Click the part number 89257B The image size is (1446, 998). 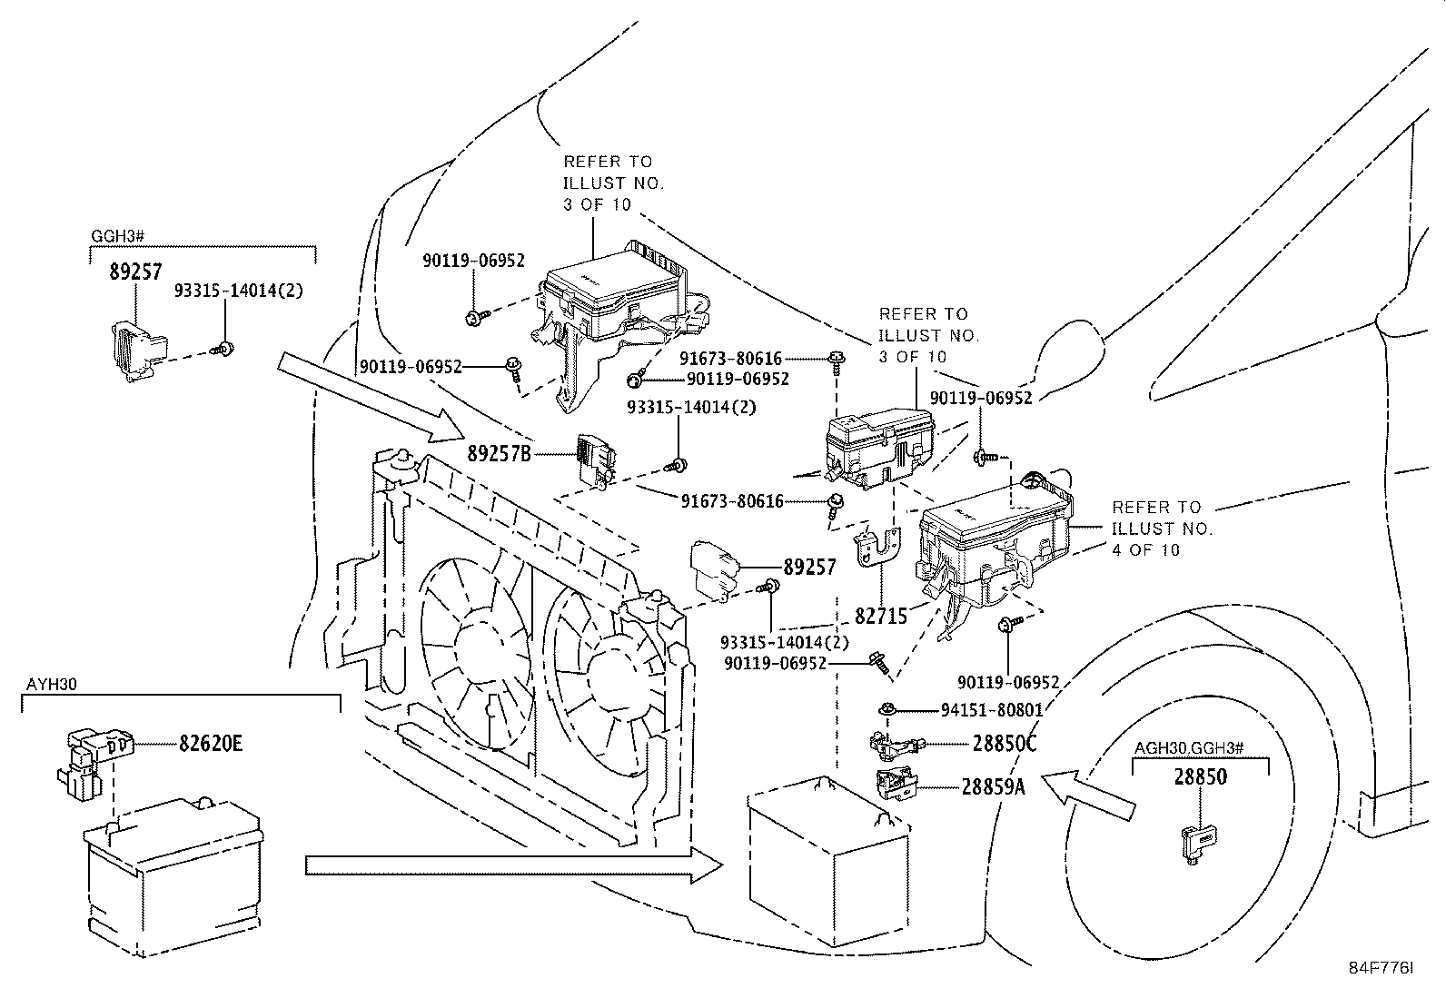499,453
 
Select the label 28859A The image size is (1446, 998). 993,787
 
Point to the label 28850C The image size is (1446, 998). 1004,744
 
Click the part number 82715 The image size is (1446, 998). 880,617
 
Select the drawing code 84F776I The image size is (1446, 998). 1381,969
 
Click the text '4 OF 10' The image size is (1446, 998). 1145,550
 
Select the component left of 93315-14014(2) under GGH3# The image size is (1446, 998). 134,351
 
